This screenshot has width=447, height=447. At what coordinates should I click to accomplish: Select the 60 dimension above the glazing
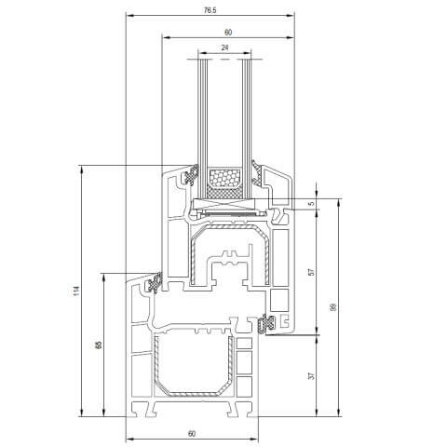click(227, 32)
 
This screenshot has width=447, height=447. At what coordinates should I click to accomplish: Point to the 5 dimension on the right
click(313, 203)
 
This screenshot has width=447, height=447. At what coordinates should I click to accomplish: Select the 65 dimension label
click(99, 345)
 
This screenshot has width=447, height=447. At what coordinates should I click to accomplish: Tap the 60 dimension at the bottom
click(191, 434)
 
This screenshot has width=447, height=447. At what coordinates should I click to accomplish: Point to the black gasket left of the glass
click(194, 174)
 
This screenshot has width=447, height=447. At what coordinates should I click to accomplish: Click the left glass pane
click(202, 112)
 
